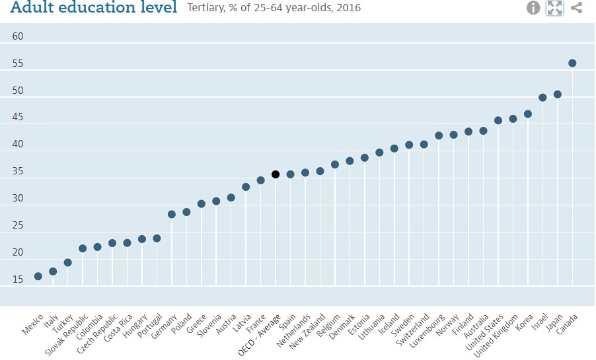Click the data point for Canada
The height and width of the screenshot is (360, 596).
point(572,63)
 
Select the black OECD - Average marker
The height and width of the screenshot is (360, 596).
point(276,174)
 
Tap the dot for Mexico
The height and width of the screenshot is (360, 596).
point(38,276)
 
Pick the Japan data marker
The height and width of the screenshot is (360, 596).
point(558,94)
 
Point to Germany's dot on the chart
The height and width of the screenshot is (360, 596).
point(172,214)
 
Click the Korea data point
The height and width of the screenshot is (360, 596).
point(528,114)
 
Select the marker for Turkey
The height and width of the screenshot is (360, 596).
point(68,262)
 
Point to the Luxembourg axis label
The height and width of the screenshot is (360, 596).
point(426,331)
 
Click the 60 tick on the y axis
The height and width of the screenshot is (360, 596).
point(18,36)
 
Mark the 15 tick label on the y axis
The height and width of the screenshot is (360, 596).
point(18,279)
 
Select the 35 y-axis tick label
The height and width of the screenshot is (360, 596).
point(18,171)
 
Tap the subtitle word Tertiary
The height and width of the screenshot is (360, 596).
point(206,9)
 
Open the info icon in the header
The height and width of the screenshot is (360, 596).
point(533,8)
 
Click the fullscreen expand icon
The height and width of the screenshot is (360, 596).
point(554,8)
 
